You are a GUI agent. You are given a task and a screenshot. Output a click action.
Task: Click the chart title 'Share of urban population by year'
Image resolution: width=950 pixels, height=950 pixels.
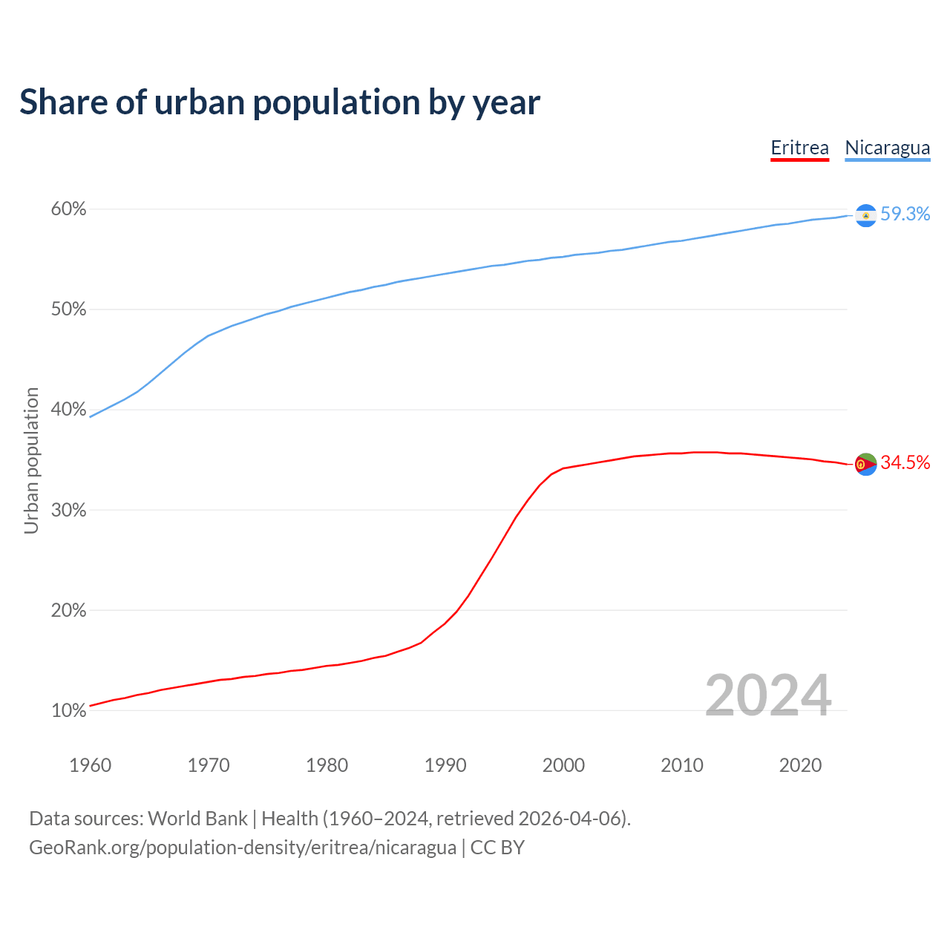coord(280,102)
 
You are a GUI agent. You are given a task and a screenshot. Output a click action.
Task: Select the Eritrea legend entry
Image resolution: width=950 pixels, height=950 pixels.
coord(799,148)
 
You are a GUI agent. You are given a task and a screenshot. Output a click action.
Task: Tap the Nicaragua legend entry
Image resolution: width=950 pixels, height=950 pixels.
coord(887,148)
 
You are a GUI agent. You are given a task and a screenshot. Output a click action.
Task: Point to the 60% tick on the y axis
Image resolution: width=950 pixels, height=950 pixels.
coord(68,209)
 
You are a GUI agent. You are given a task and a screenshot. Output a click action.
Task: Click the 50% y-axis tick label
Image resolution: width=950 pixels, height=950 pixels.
coord(68,309)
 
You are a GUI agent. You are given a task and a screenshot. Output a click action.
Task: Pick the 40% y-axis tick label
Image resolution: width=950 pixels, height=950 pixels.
coord(68,410)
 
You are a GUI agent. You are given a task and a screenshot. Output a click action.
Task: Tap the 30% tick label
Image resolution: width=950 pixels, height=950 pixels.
coord(68,510)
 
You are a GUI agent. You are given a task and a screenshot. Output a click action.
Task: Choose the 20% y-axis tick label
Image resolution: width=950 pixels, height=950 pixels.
coord(68,610)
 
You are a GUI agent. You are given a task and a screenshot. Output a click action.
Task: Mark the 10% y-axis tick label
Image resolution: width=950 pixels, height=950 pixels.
coord(68,710)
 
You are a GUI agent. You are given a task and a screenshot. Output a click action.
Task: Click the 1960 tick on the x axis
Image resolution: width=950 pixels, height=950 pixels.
coord(90,765)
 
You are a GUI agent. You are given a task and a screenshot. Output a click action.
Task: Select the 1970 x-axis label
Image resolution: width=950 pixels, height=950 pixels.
coord(209,765)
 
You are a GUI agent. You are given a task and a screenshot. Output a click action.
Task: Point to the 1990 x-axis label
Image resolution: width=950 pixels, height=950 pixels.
coord(445,765)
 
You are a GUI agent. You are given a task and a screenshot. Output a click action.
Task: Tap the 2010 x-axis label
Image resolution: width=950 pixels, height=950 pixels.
coord(682,765)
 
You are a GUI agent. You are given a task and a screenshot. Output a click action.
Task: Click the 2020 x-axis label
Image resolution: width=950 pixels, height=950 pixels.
coord(800,765)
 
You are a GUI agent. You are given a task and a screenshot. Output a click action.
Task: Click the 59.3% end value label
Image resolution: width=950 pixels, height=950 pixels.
coord(905,214)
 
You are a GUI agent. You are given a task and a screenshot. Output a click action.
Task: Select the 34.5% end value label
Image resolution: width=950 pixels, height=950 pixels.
coord(905,462)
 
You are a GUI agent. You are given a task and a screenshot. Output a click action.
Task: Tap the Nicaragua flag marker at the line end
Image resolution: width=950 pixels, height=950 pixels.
coord(865,215)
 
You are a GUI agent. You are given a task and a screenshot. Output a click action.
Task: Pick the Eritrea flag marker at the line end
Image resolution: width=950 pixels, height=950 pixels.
coord(865,464)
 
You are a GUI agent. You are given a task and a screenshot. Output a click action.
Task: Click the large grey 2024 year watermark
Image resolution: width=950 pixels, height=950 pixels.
coord(767,695)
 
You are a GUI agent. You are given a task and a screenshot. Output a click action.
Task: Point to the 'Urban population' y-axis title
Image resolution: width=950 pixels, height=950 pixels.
coord(31,460)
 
